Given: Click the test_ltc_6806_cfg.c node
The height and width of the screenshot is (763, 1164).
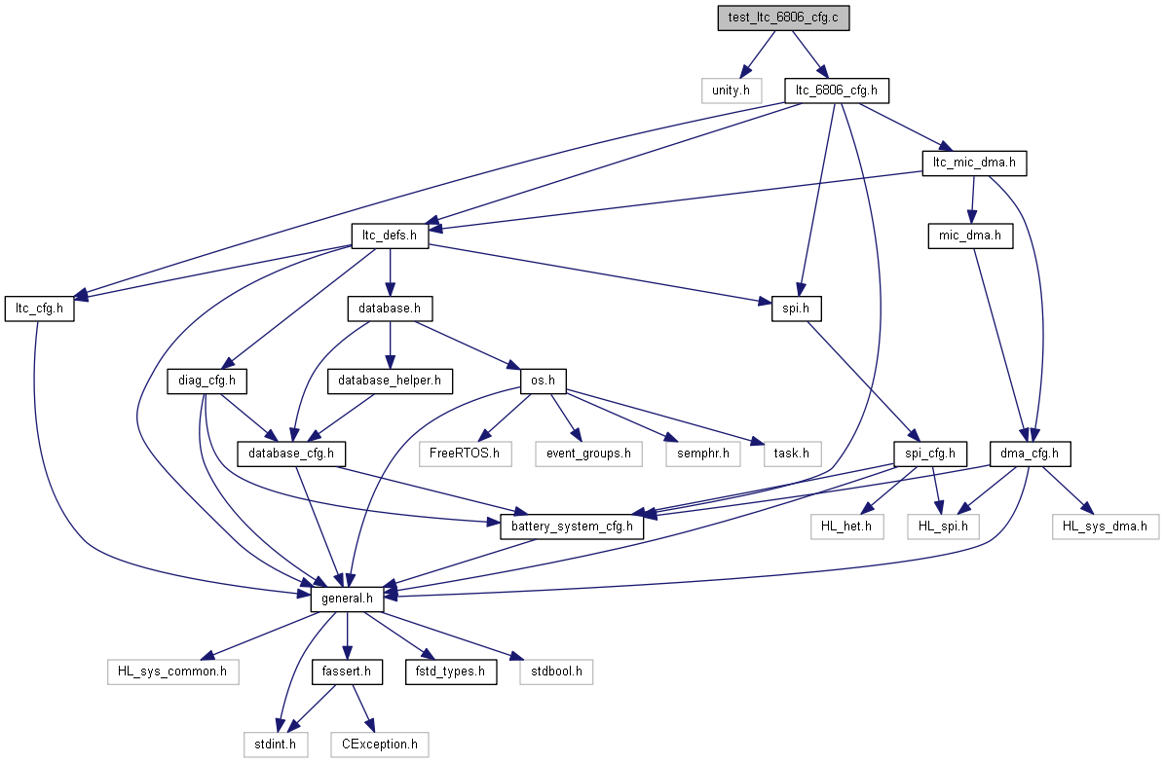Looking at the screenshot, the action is coord(783,18).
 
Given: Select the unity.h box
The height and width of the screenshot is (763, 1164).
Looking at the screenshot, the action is coord(732,91).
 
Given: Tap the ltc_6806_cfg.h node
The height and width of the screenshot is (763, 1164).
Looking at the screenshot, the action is coord(837,91).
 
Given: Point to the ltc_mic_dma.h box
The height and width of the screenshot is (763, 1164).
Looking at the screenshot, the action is coord(974,163).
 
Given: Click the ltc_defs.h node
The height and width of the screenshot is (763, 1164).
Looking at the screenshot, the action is coord(390,236).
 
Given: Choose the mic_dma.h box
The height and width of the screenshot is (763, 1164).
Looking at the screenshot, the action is coord(970,236).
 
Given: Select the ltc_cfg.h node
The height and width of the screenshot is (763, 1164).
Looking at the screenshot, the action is coord(39,309).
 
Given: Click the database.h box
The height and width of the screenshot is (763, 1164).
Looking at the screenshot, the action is coord(390,309).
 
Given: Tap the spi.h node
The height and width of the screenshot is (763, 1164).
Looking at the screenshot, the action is coord(796,309).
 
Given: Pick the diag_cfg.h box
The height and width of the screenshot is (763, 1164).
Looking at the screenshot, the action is coord(207,381).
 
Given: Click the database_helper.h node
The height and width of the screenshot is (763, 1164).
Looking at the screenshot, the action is coord(390,381).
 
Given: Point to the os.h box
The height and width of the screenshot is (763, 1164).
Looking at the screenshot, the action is coord(543,381).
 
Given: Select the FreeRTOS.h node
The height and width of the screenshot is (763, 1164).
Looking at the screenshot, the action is coord(465,454).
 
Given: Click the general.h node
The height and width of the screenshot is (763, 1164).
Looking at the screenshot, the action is coord(347,599).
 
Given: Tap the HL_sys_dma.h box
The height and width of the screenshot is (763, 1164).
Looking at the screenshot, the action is coord(1106,527).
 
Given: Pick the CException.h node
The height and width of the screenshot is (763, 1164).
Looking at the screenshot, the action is coord(380,745).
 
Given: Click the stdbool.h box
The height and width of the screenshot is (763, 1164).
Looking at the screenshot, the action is coord(556,672).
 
